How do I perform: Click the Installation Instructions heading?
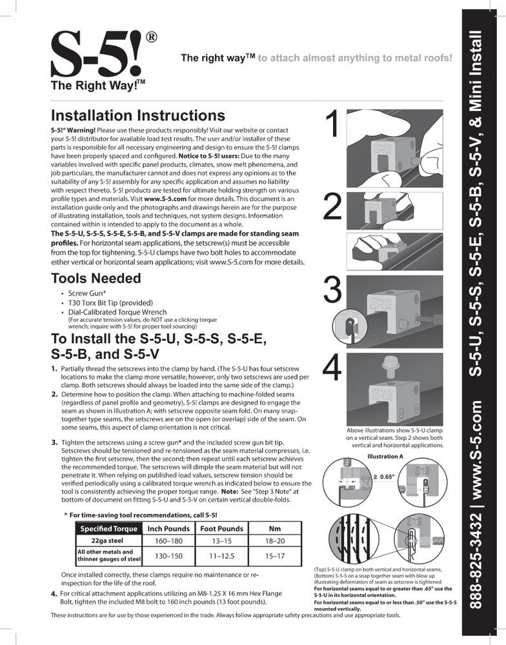click(x=137, y=115)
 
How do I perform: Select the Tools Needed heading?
click(x=96, y=279)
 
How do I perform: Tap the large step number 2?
click(x=332, y=208)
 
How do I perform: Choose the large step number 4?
click(x=332, y=370)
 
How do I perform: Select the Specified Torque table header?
click(x=108, y=529)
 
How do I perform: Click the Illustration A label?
click(x=385, y=456)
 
